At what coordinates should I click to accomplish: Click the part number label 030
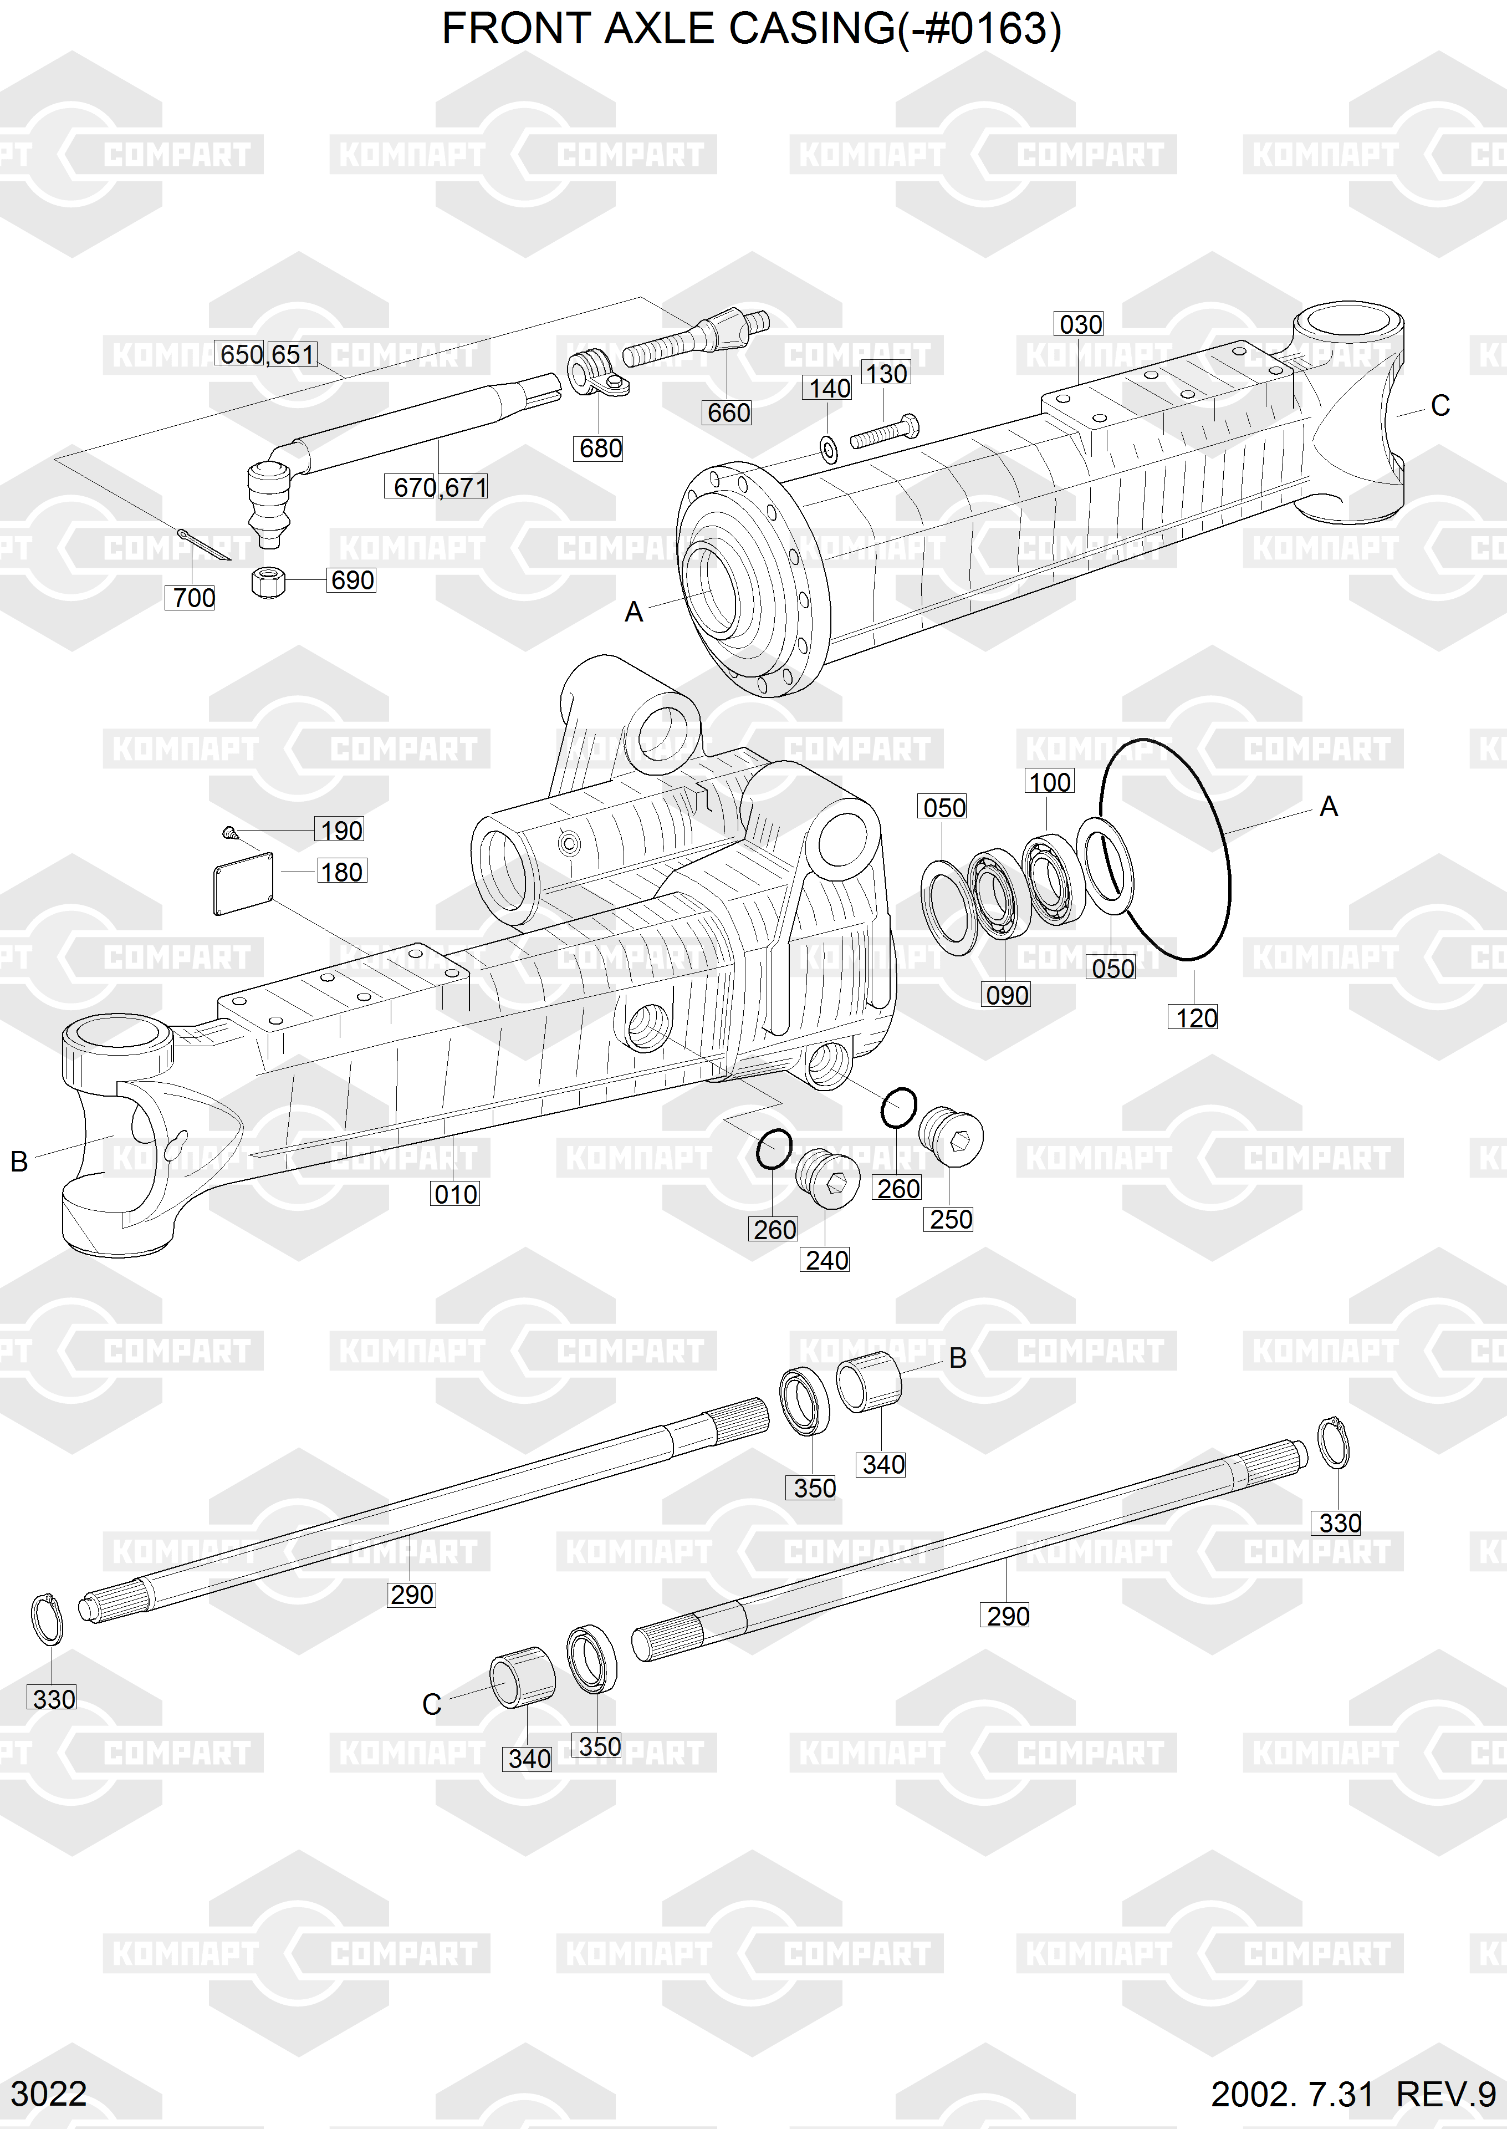point(1080,325)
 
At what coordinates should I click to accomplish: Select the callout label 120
point(1196,1018)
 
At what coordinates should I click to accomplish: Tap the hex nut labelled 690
point(268,583)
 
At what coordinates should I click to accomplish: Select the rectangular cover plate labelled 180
point(243,884)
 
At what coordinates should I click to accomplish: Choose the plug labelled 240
point(827,1179)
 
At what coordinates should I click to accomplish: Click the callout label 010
point(456,1194)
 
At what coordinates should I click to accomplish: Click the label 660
point(728,413)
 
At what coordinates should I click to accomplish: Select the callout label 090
point(1007,996)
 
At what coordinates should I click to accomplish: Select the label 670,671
point(440,487)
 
